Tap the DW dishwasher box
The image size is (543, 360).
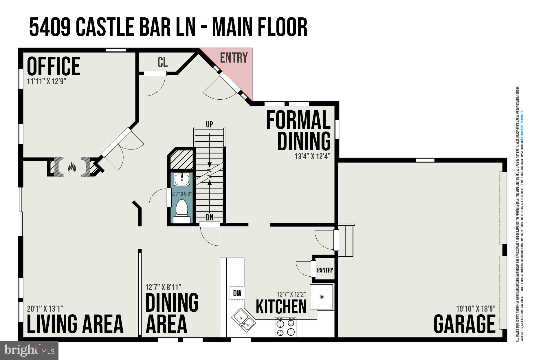click(237, 293)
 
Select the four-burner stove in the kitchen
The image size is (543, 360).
click(286, 327)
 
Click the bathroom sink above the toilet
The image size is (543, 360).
click(182, 179)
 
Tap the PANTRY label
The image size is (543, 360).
click(325, 270)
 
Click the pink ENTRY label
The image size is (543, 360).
click(234, 58)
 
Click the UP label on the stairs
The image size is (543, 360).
click(209, 125)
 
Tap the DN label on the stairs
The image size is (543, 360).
click(210, 218)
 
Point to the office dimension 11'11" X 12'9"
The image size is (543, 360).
click(47, 81)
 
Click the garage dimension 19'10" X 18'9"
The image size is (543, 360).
click(476, 308)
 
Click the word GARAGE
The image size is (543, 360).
click(464, 324)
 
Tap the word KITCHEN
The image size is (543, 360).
click(281, 307)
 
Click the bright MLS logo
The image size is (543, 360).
click(29, 350)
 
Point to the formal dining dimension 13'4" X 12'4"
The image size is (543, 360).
click(312, 157)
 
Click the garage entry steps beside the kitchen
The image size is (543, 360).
click(346, 240)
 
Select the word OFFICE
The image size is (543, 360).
click(54, 66)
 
